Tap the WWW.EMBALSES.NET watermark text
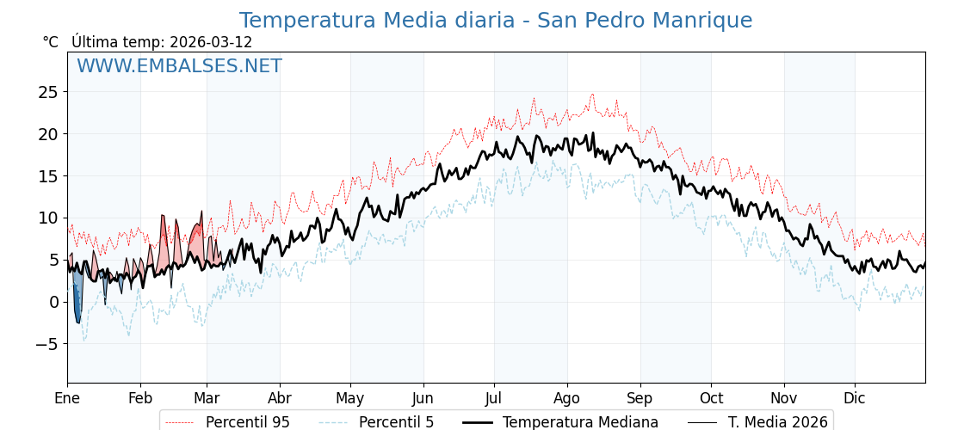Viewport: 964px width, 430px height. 179,66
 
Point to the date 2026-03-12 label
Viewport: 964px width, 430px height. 211,42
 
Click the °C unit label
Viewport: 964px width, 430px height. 50,42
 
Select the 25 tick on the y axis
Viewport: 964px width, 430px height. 49,92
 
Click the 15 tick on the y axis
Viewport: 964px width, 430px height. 49,175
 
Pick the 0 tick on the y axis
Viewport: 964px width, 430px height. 54,302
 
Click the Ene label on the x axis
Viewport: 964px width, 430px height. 67,398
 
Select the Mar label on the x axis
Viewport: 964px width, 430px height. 207,398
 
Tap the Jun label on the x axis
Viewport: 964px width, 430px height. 423,398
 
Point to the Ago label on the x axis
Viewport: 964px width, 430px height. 567,398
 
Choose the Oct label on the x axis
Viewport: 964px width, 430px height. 711,398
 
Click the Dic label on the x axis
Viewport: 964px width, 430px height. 855,398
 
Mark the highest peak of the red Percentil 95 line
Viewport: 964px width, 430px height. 592,95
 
